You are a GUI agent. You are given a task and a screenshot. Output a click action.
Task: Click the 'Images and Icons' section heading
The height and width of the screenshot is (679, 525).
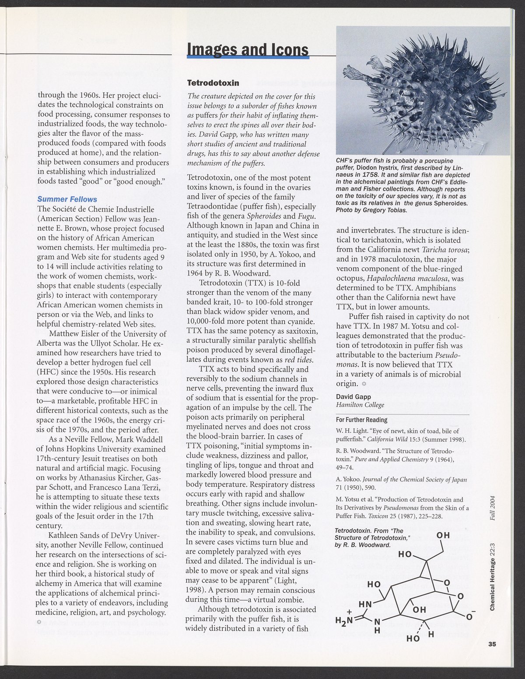pyautogui.click(x=248, y=50)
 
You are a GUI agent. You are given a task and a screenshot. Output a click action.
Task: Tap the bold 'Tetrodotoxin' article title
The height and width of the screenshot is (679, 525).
pyautogui.click(x=213, y=83)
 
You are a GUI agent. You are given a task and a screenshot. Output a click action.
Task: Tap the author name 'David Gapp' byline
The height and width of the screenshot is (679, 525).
pyautogui.click(x=353, y=397)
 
